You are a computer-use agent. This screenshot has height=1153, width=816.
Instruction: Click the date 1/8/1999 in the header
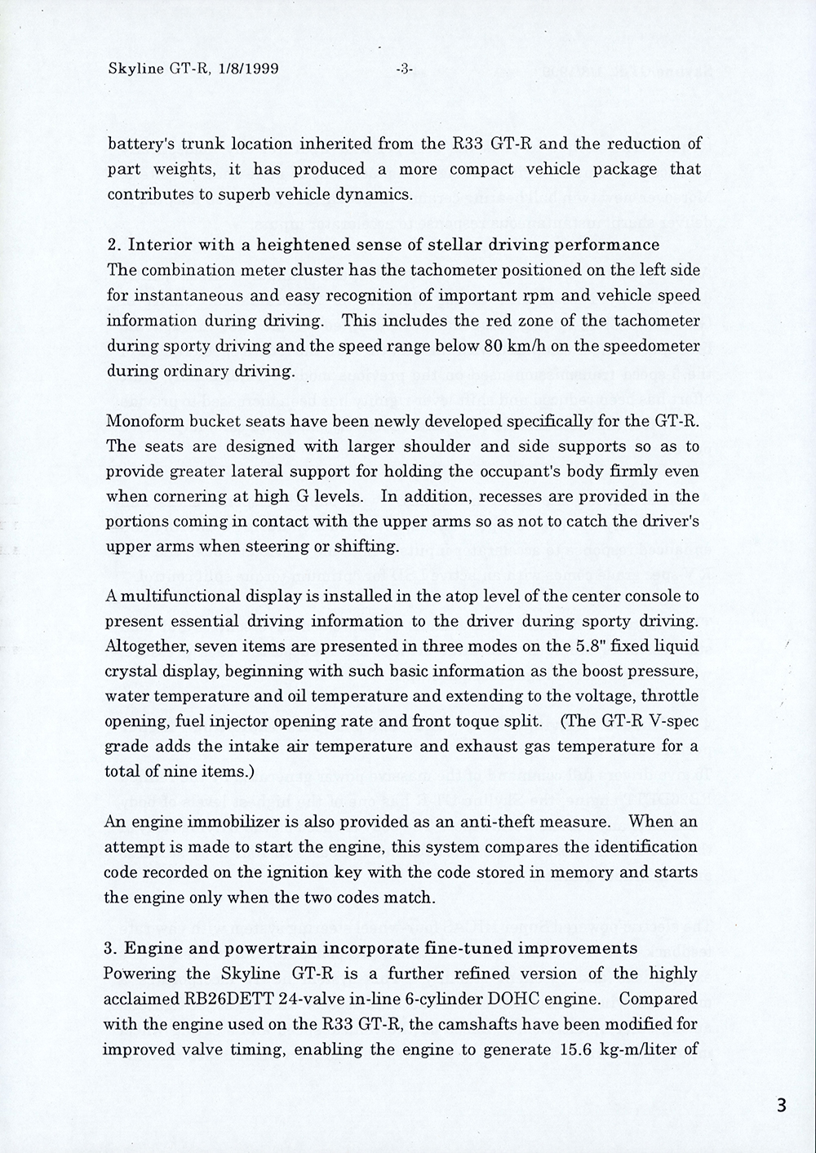(x=245, y=69)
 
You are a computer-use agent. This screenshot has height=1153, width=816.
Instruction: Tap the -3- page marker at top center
(x=405, y=69)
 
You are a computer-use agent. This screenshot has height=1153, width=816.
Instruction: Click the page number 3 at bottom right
(x=781, y=1106)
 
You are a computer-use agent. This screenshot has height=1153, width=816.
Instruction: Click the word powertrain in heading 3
(x=249, y=948)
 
